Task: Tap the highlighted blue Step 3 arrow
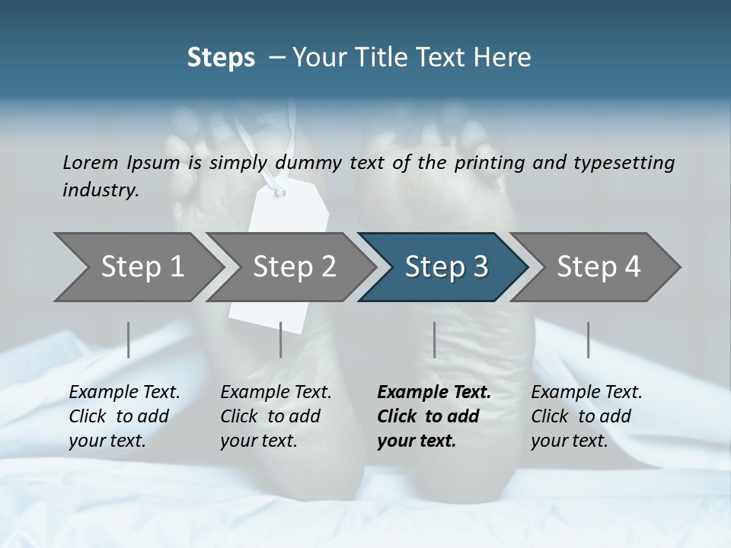pyautogui.click(x=446, y=267)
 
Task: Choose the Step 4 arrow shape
pyautogui.click(x=599, y=267)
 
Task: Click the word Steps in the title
pyautogui.click(x=221, y=57)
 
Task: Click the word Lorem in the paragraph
pyautogui.click(x=90, y=162)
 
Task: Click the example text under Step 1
pyautogui.click(x=124, y=416)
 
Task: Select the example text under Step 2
pyautogui.click(x=276, y=416)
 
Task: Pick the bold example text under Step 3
pyautogui.click(x=434, y=416)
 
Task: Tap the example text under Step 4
pyautogui.click(x=586, y=416)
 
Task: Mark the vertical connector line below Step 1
pyautogui.click(x=129, y=339)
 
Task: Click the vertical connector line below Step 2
pyautogui.click(x=281, y=339)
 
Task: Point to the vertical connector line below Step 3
pyautogui.click(x=434, y=339)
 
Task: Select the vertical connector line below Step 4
pyautogui.click(x=588, y=339)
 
